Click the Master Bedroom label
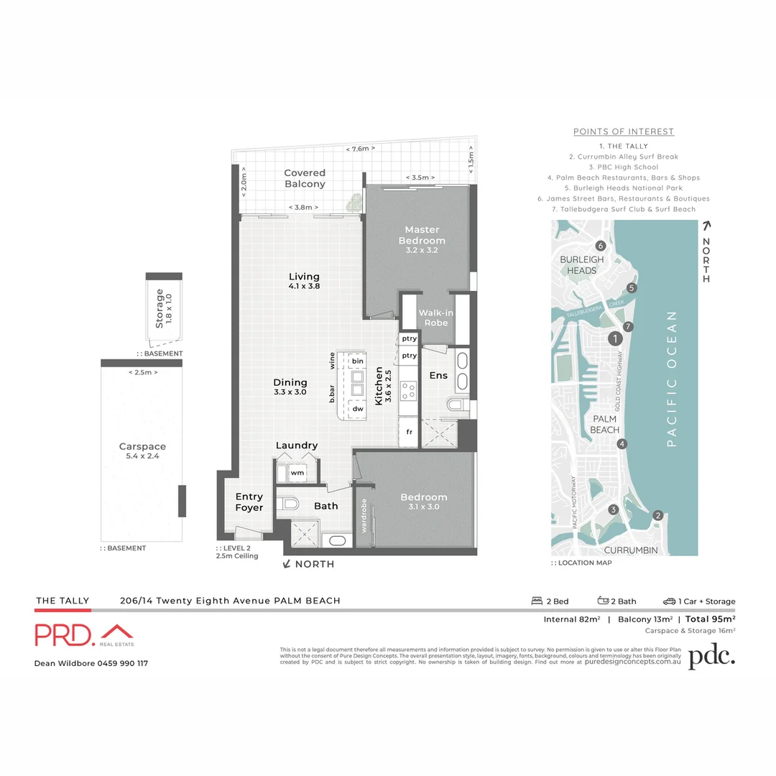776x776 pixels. [x=422, y=235]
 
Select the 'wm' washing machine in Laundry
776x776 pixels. [x=297, y=474]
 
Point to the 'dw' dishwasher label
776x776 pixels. [x=357, y=408]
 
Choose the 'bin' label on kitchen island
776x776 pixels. [x=357, y=361]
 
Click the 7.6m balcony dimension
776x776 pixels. [x=360, y=149]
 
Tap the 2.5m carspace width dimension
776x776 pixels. [x=142, y=372]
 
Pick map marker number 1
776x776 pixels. [x=614, y=338]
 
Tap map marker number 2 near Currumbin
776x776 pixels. [x=657, y=515]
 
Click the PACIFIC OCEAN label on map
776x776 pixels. [x=673, y=378]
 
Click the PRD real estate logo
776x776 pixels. [x=85, y=634]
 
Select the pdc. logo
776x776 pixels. [x=711, y=657]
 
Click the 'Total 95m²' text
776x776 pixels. [x=710, y=618]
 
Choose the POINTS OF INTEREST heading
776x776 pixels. [x=623, y=131]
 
